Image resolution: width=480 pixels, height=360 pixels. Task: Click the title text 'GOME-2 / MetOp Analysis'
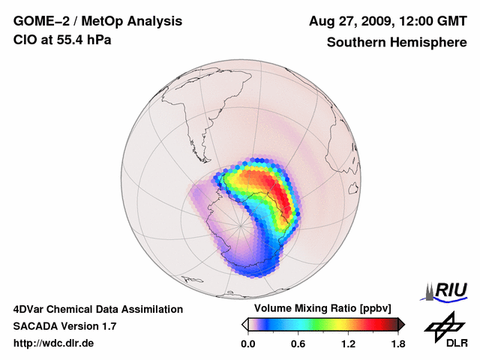click(x=97, y=22)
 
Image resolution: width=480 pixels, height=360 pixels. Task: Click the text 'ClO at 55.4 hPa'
click(x=62, y=40)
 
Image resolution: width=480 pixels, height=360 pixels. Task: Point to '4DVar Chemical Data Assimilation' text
click(x=98, y=309)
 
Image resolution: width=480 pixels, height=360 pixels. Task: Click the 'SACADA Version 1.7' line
click(x=65, y=326)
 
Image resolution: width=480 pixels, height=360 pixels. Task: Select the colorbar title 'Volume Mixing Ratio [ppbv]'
click(x=323, y=309)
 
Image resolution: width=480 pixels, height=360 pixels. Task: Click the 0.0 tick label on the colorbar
click(x=247, y=343)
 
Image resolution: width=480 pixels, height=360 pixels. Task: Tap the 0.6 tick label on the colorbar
click(x=298, y=343)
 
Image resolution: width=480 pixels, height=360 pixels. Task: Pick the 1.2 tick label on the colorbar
click(x=348, y=343)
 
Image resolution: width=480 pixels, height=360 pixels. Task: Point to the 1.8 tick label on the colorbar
click(x=398, y=343)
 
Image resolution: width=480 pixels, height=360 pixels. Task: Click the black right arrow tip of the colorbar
click(x=402, y=324)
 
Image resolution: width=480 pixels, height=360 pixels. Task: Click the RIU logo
click(x=446, y=291)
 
